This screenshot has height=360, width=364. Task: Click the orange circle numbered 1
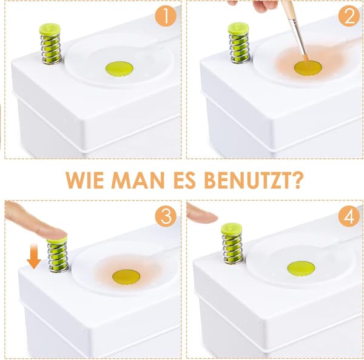point(166,16)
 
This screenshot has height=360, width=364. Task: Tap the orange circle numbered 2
point(349,16)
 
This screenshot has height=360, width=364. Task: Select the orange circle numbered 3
point(166,216)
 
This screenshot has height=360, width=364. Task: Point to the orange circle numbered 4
point(349,216)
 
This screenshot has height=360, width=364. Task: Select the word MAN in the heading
point(138,181)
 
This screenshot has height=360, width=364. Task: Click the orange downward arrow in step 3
point(34,256)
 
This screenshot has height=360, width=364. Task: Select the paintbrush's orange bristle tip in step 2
point(306,58)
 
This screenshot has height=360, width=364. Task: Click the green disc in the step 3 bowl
point(126,277)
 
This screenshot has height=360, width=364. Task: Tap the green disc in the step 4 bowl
point(301,268)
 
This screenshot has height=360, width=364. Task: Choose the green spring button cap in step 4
point(231,228)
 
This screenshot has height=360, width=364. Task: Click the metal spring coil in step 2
point(239,48)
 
